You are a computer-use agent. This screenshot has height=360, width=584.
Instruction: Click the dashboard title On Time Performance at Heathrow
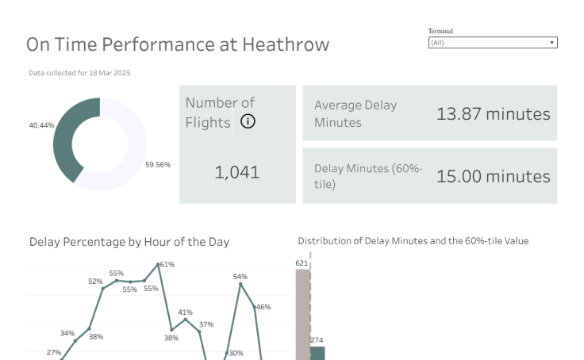point(177,44)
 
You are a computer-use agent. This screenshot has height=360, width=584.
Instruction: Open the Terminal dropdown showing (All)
point(492,43)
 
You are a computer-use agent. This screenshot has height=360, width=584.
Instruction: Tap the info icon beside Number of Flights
point(248,121)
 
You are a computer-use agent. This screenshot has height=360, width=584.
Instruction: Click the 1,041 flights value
point(236,172)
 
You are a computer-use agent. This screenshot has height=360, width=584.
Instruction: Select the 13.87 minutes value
point(493,113)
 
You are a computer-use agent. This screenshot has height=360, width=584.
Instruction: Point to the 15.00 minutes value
point(493,176)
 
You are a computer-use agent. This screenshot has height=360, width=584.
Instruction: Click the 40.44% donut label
point(41,125)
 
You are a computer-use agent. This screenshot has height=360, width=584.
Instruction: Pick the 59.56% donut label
point(157,165)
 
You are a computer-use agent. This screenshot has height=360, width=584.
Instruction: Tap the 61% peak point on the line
point(159,264)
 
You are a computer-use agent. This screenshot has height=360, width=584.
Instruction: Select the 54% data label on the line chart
point(240,277)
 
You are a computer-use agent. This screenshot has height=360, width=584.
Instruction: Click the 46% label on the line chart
point(263,307)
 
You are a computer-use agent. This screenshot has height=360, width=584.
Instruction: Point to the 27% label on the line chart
point(54,352)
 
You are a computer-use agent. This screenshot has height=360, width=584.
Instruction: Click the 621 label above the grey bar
point(302,263)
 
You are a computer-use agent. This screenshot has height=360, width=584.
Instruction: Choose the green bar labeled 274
point(317,353)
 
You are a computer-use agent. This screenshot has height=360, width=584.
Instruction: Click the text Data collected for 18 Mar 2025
point(79,73)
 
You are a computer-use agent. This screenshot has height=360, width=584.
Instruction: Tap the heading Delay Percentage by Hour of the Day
point(129,242)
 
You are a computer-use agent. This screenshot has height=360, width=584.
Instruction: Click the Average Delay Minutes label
point(355,113)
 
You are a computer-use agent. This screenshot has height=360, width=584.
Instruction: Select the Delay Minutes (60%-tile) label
point(368,176)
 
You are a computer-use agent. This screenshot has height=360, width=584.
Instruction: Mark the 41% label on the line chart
point(185,312)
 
